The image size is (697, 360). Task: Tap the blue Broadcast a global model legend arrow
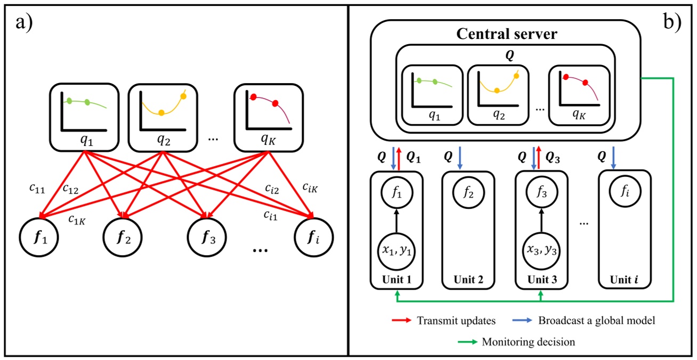point(521,321)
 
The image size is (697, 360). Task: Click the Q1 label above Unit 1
point(414,158)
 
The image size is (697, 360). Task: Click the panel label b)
point(673,24)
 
